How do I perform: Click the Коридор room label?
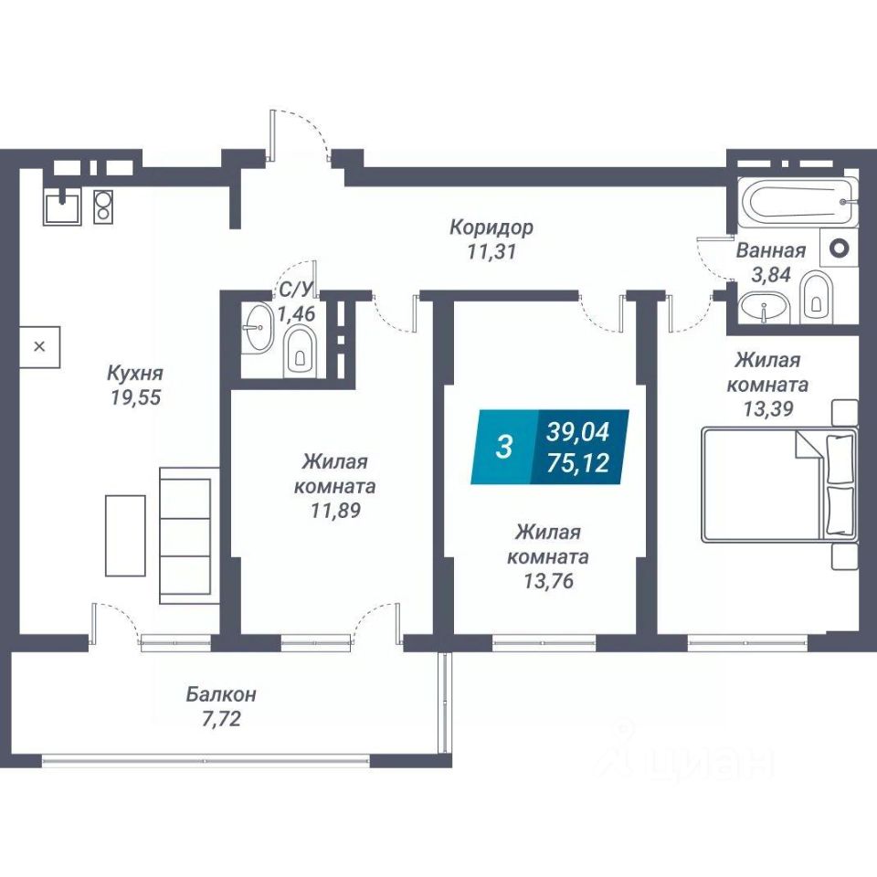(x=491, y=227)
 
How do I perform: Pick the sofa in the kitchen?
(x=189, y=535)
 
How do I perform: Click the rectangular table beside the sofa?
(x=125, y=535)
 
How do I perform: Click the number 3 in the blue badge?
(x=502, y=448)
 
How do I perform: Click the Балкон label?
(x=221, y=694)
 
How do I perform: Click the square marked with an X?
(x=39, y=347)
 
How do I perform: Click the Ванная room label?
(x=771, y=250)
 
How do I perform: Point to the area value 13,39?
(x=767, y=408)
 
